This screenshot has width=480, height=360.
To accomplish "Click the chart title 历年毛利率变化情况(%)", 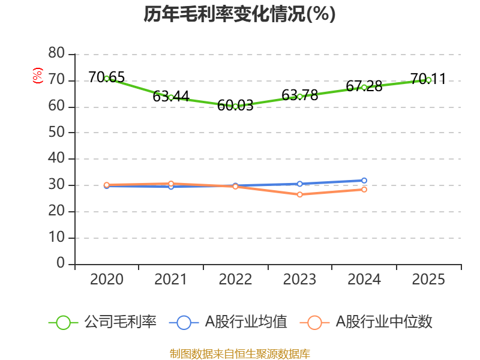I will click(x=239, y=14).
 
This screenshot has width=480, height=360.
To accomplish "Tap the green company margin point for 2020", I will click(x=107, y=78).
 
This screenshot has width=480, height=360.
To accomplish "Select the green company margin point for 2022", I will click(x=235, y=106).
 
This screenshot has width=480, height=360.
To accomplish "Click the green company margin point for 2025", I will click(x=428, y=80).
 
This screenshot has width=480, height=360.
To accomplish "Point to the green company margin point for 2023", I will click(x=300, y=97).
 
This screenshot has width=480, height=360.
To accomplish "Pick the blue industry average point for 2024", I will click(x=364, y=180).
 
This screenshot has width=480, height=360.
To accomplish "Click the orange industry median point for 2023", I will click(x=300, y=194).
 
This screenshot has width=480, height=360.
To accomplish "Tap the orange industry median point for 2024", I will click(x=364, y=189).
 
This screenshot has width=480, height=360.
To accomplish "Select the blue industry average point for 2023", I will click(x=300, y=184).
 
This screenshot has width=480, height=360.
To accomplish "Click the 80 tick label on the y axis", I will click(x=56, y=54).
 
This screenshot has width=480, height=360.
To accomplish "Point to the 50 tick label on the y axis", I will click(x=56, y=133).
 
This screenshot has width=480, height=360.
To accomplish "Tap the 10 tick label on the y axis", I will click(x=56, y=238).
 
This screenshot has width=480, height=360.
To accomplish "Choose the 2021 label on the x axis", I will click(x=171, y=280).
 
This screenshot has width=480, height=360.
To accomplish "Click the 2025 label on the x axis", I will click(x=428, y=280).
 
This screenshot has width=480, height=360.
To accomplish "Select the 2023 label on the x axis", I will click(x=300, y=280).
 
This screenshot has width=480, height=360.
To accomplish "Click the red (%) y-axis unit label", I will click(x=38, y=76).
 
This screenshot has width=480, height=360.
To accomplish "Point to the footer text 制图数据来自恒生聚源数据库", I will click(x=239, y=353).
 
